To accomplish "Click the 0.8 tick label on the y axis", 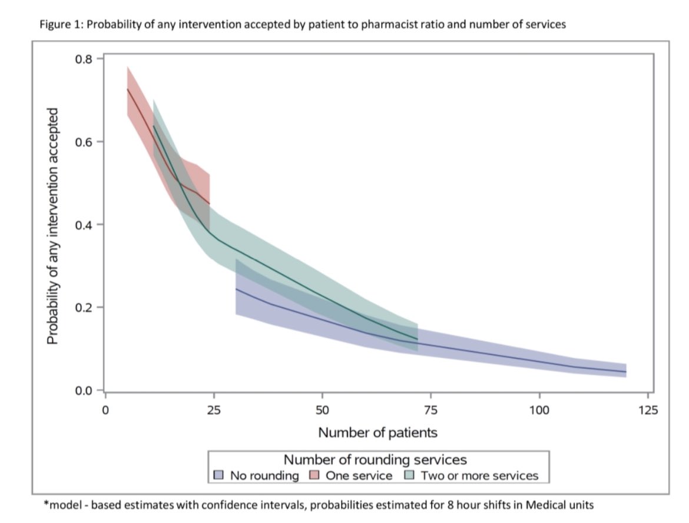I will tap(87, 59).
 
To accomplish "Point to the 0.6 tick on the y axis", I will tap(87, 142).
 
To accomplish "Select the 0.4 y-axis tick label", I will tap(87, 225).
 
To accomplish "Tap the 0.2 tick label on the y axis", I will tap(87, 308).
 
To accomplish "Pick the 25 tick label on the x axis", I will tap(214, 409).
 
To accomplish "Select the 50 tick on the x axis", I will tap(322, 409).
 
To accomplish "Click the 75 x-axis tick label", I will tap(430, 409).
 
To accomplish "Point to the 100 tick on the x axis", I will tap(539, 409).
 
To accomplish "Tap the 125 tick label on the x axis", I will tap(648, 409).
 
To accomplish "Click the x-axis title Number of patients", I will tap(377, 432).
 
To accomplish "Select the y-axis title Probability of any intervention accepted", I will tap(52, 226).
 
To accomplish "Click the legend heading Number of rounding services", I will tap(376, 459).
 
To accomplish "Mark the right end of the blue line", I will tap(625, 372).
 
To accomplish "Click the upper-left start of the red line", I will tap(127, 89).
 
